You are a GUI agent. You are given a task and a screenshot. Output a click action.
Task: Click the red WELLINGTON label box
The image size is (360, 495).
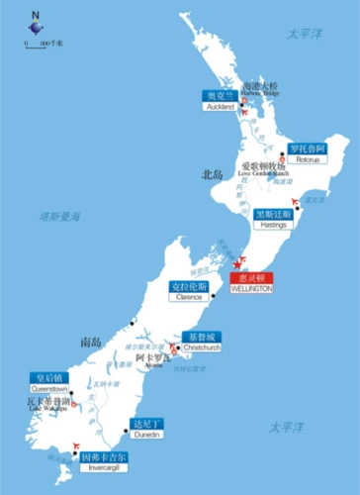[250, 283]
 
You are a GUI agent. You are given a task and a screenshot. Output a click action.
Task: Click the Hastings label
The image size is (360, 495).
[274, 219]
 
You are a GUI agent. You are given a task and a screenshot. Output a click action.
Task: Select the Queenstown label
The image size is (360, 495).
[49, 383]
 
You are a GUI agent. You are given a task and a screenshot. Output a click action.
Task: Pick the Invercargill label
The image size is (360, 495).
[105, 461]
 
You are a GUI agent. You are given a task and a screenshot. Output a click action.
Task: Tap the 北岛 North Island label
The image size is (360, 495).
[212, 175]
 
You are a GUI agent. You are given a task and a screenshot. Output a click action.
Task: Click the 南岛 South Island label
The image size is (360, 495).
[90, 343]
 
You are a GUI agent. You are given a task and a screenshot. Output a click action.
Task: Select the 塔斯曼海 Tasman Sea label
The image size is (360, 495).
[59, 216]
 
